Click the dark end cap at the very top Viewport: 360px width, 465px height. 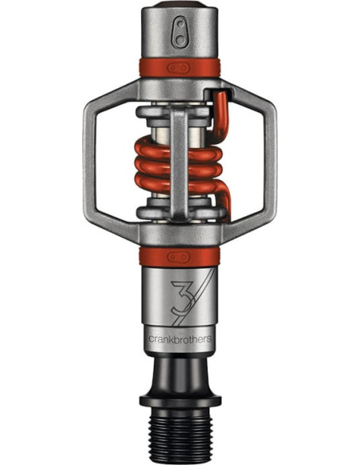179,7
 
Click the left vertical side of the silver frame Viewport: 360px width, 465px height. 95,160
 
